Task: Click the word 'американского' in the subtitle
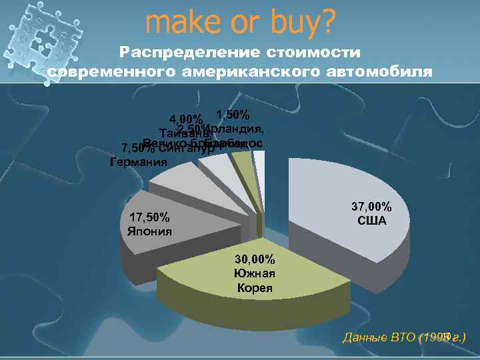[259, 71]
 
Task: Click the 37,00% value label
[372, 207]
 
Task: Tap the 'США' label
[372, 220]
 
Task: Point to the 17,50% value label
[149, 218]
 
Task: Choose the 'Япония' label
[149, 231]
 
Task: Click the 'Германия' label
[137, 161]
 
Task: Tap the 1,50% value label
[233, 114]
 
